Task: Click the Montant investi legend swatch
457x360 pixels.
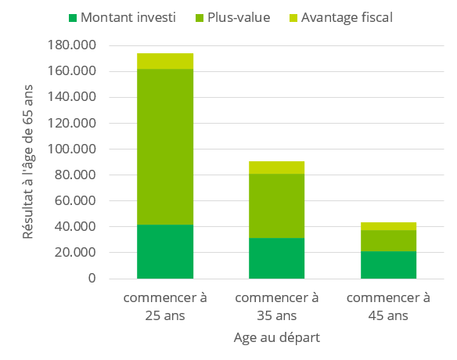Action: tap(74, 17)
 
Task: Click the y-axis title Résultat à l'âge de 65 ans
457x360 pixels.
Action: tap(28, 162)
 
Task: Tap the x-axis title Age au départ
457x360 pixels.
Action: tap(277, 338)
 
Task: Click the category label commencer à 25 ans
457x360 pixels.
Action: tap(165, 307)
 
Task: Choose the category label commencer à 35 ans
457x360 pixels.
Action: tap(277, 307)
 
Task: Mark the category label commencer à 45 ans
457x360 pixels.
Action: tap(388, 307)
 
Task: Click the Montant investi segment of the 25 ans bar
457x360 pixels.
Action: tap(165, 251)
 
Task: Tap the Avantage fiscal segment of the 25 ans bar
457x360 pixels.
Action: tap(165, 61)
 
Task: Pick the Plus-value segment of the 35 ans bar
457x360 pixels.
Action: tap(277, 205)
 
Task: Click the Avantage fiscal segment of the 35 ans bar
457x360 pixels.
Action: tap(277, 167)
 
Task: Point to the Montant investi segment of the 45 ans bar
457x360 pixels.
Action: tap(388, 265)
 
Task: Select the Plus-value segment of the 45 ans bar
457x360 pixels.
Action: tap(388, 240)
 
